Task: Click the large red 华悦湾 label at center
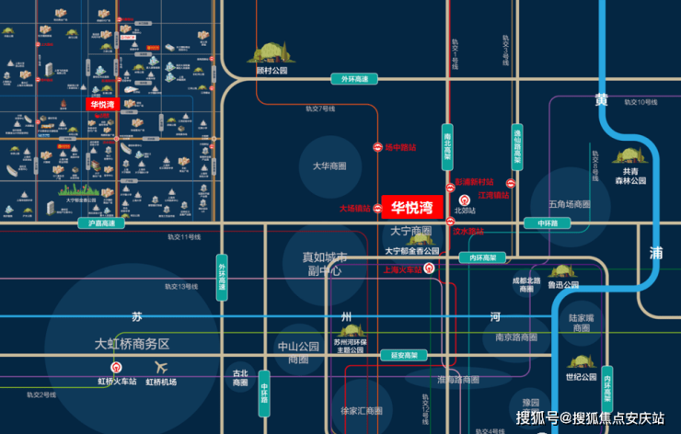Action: (411, 208)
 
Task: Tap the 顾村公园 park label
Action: (272, 70)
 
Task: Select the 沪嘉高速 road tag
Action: (100, 223)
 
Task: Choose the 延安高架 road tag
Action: (403, 355)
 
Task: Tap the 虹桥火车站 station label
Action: (117, 381)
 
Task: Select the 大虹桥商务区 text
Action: (133, 344)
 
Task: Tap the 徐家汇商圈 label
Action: (361, 410)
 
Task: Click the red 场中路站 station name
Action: (400, 147)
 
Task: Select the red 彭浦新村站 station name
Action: (474, 182)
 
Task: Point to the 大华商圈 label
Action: (329, 166)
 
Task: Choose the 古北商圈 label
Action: (240, 378)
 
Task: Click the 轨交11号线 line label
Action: (183, 237)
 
